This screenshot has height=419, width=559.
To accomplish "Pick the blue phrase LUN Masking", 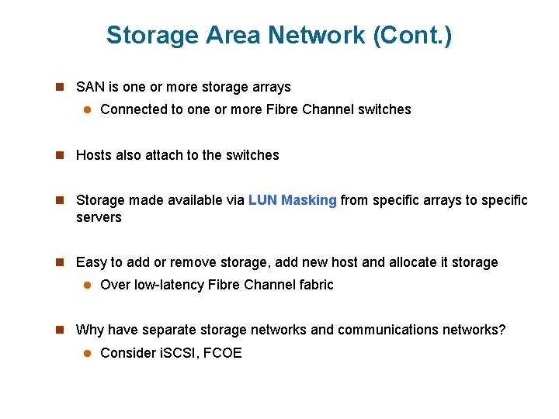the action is [293, 200].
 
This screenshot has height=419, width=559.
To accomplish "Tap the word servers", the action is [99, 217].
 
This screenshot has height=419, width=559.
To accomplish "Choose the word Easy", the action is [91, 262].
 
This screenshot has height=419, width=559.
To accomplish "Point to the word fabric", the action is [314, 285].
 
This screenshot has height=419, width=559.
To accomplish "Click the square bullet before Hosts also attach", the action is [59, 155].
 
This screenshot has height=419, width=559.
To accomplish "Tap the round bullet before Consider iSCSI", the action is [87, 353].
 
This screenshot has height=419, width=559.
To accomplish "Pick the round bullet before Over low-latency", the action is [87, 285].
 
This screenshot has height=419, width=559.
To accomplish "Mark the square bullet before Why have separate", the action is [59, 330].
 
